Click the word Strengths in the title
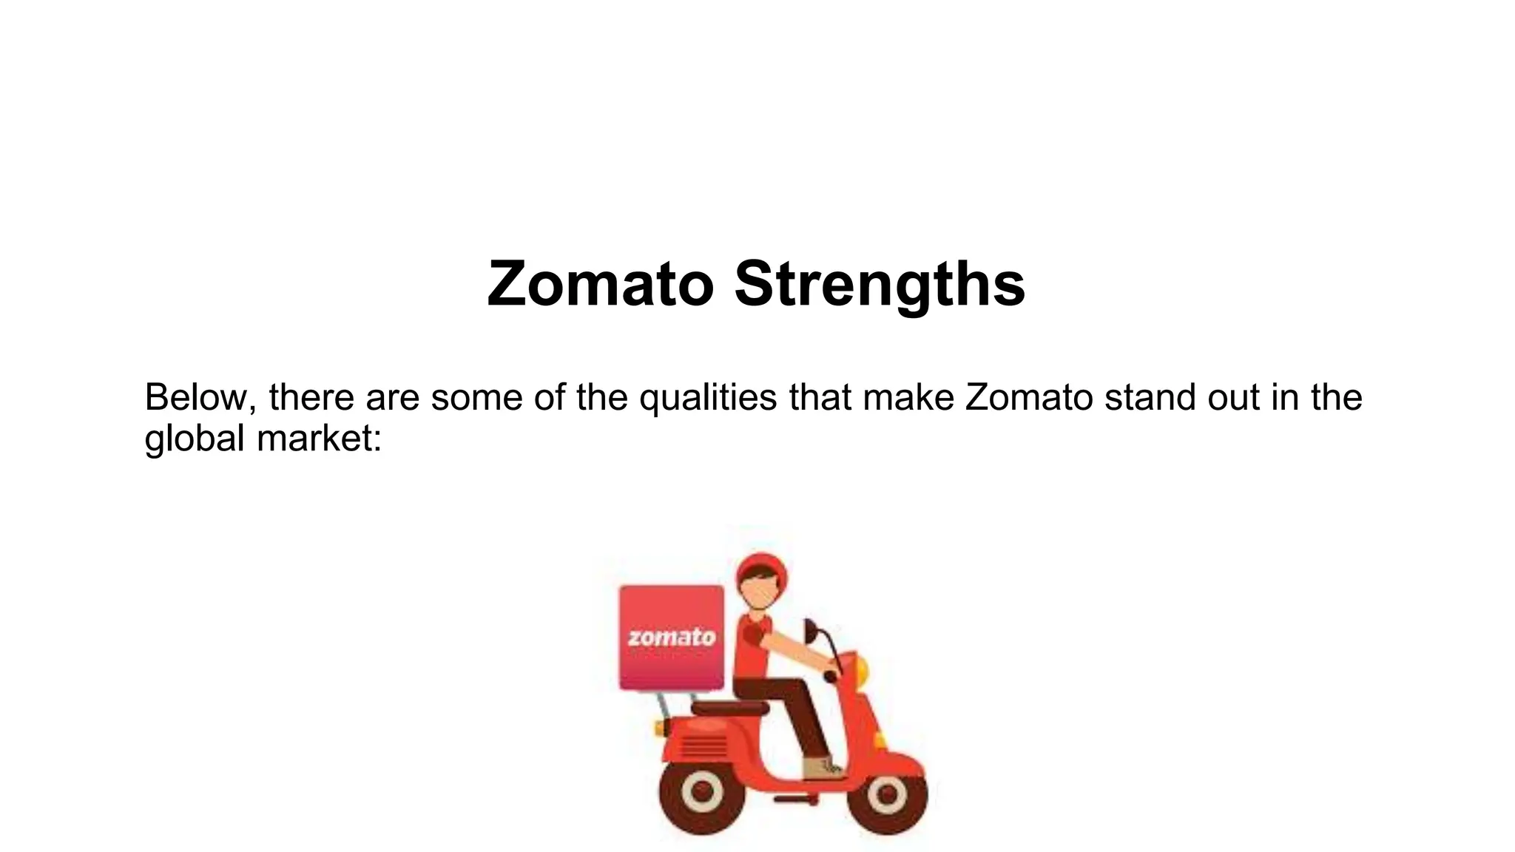[880, 285]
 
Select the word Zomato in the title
[600, 285]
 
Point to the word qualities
[708, 397]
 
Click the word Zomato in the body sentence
[1029, 397]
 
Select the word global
[194, 438]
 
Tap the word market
[319, 438]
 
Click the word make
[908, 397]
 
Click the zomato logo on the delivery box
[672, 638]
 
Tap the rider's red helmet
[762, 569]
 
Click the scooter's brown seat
[729, 708]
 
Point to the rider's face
[758, 592]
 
